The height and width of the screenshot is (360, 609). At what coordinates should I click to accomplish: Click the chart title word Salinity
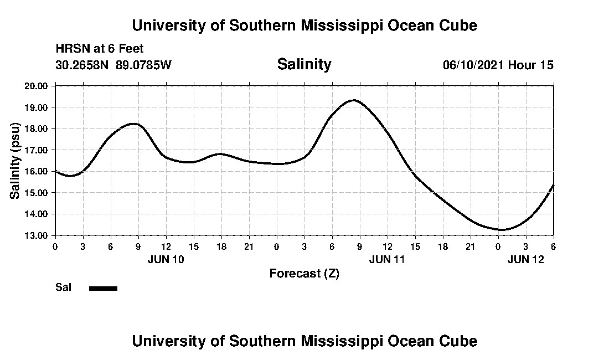point(304,64)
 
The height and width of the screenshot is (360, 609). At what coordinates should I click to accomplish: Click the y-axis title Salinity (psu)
point(16,161)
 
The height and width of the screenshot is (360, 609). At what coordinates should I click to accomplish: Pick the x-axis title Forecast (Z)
point(304,274)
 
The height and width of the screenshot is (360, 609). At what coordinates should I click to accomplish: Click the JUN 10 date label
point(166,259)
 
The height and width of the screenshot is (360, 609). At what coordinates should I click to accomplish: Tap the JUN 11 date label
point(388,259)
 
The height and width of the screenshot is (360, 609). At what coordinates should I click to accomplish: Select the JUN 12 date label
point(526,259)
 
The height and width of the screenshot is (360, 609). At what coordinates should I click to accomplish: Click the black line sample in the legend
point(104,288)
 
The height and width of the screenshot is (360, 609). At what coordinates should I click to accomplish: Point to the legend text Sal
point(63,287)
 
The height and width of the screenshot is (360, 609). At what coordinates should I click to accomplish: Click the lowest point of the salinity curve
point(502,229)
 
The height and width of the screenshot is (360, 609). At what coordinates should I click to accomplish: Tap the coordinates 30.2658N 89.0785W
point(113,65)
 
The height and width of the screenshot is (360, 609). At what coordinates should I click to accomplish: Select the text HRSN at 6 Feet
point(100,49)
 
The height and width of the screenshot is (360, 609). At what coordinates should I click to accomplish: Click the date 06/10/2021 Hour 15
point(498,65)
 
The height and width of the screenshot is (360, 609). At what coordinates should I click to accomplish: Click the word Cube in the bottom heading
point(459,341)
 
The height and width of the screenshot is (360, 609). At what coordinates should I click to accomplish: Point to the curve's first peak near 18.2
point(133,124)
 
